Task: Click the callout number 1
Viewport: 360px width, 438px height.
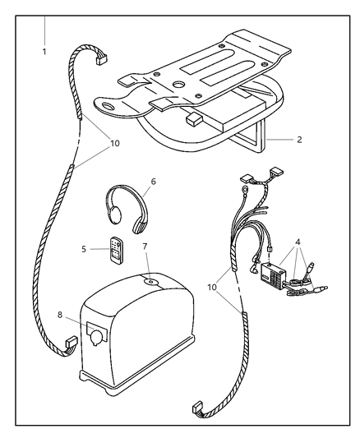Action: (x=44, y=51)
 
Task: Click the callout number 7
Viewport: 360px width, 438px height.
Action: (x=145, y=246)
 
